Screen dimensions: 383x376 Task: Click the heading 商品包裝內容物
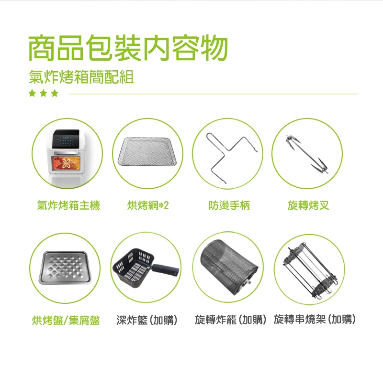[x=128, y=47]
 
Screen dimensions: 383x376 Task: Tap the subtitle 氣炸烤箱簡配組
[x=81, y=77]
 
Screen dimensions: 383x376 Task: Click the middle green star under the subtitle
[x=44, y=93]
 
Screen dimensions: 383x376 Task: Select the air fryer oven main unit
[x=66, y=157]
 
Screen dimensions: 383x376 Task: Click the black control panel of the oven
[x=66, y=139]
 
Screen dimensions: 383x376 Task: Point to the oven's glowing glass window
[x=66, y=163]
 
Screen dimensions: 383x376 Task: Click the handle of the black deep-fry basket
[x=166, y=270]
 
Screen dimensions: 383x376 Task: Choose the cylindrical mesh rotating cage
[x=228, y=266]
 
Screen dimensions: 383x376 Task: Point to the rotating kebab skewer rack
[x=311, y=270]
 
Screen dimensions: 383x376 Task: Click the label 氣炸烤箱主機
[x=68, y=205]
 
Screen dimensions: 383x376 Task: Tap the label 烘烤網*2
[x=148, y=205]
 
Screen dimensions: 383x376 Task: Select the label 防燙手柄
[x=229, y=205]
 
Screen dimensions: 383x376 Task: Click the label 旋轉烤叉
[x=308, y=205]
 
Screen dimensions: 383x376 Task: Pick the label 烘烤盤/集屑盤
[x=66, y=320]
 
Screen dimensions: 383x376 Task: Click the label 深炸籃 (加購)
[x=147, y=320]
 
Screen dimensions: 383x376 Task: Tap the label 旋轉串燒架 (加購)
[x=315, y=320]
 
